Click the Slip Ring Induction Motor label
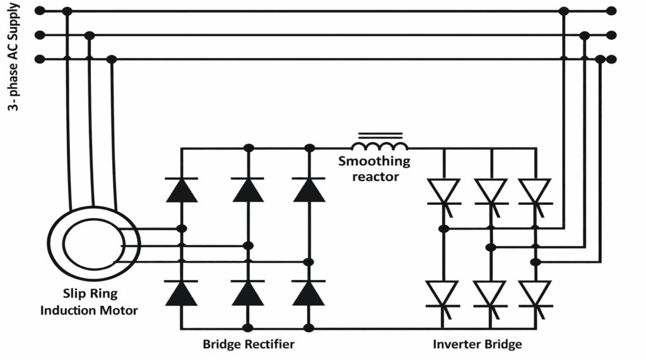click(x=89, y=301)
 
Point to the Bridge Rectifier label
click(x=248, y=344)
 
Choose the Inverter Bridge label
click(x=478, y=344)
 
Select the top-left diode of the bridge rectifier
click(x=182, y=190)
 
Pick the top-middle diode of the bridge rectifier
click(x=248, y=190)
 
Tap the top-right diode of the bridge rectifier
click(x=308, y=190)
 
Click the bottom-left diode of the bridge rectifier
click(x=182, y=293)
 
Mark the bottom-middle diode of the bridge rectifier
click(x=248, y=293)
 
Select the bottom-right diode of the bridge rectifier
click(x=308, y=293)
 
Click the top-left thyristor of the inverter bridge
click(x=443, y=192)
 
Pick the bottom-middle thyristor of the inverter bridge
click(x=490, y=294)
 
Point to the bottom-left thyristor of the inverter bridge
click(x=443, y=294)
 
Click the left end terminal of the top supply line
click(x=40, y=11)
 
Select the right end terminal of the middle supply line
click(x=610, y=35)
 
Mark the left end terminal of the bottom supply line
click(x=40, y=59)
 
